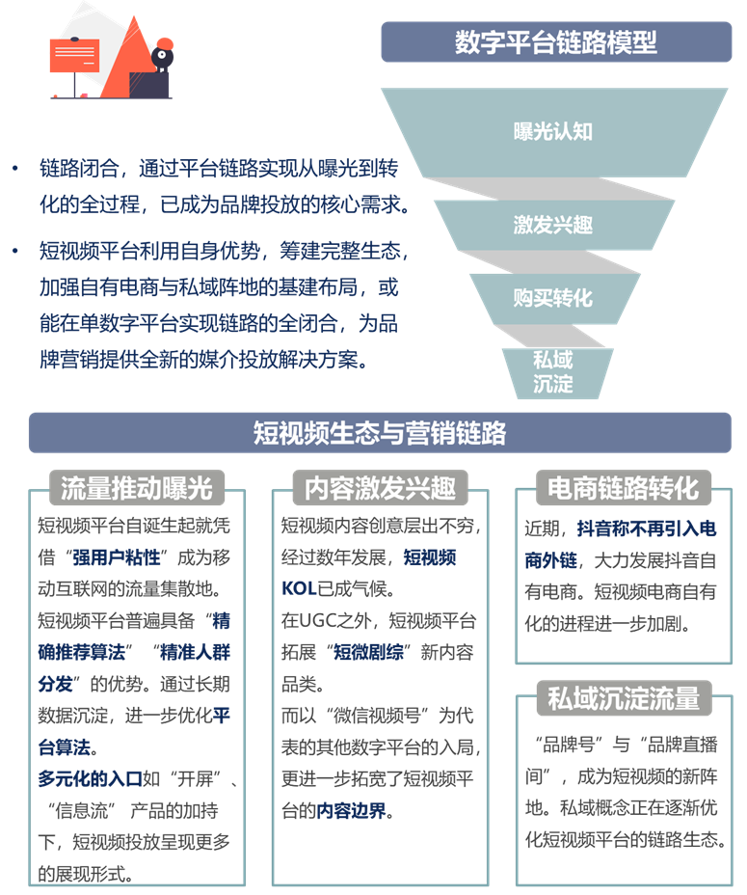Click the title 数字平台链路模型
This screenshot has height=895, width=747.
(556, 42)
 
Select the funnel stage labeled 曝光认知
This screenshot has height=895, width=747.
(553, 132)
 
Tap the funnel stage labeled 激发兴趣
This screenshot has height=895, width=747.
(553, 225)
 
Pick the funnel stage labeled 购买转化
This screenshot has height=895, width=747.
(553, 298)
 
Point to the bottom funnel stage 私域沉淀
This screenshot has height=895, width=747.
(553, 372)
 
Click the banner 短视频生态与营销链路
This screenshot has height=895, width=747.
(380, 433)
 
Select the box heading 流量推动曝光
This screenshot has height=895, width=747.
(137, 487)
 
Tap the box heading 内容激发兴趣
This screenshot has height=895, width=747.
(380, 487)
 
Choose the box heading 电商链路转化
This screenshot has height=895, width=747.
(624, 487)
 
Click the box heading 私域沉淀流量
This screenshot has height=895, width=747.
(624, 697)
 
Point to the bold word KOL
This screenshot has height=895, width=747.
(299, 588)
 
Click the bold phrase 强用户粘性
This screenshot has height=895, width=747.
(116, 557)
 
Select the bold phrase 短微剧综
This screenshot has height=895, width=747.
(368, 652)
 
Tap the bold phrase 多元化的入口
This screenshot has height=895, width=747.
(91, 778)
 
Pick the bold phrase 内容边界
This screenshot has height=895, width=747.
(351, 810)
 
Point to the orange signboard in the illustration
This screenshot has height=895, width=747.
(75, 55)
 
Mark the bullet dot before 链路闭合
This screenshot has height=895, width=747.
(15, 169)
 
